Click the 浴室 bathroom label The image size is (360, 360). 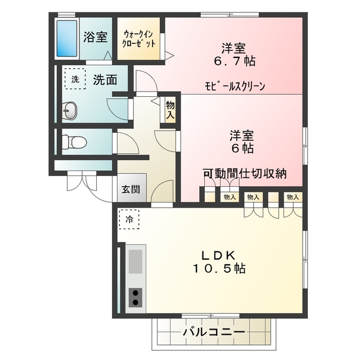[96, 38]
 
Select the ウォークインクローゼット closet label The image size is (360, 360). [138, 39]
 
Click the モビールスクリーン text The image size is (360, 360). [235, 86]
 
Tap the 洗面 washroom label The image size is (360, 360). [105, 80]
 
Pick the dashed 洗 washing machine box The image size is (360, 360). [74, 80]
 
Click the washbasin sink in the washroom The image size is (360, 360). [69, 111]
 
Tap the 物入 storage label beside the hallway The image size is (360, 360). [170, 109]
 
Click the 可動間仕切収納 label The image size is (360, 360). [245, 173]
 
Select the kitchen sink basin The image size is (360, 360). [136, 261]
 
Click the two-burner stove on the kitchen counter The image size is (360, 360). [136, 296]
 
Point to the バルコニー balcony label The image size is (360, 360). [214, 332]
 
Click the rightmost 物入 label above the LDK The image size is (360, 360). [292, 197]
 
